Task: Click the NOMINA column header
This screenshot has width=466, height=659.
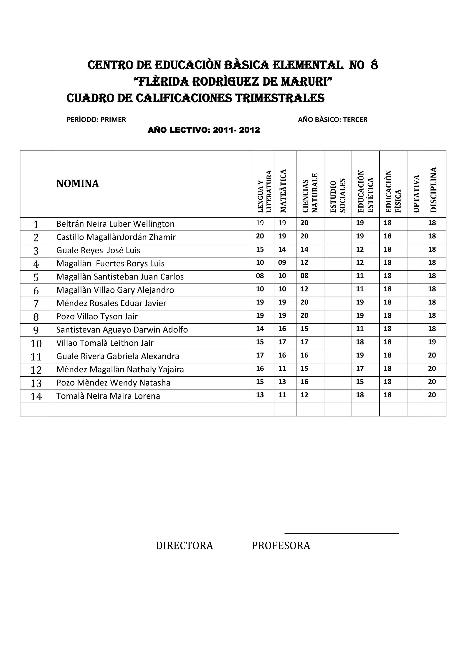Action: pyautogui.click(x=77, y=184)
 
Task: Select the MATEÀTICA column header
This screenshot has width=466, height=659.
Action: pyautogui.click(x=283, y=191)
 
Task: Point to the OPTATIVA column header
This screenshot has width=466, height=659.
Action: pyautogui.click(x=416, y=194)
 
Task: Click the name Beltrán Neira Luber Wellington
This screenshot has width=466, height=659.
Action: pyautogui.click(x=115, y=224)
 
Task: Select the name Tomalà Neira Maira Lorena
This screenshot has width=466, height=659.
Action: pyautogui.click(x=108, y=396)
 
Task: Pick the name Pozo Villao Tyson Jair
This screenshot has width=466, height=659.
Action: pyautogui.click(x=97, y=317)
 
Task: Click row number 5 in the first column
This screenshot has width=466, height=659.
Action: pyautogui.click(x=36, y=277)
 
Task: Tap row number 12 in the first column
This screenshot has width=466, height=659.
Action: pyautogui.click(x=36, y=370)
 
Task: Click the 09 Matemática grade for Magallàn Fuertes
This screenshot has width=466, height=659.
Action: pyautogui.click(x=282, y=263)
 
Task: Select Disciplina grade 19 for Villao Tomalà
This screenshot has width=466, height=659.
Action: pyautogui.click(x=432, y=342)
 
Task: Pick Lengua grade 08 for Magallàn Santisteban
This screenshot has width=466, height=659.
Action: pyautogui.click(x=260, y=276)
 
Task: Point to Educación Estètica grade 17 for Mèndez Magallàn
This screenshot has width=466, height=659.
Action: pyautogui.click(x=360, y=369)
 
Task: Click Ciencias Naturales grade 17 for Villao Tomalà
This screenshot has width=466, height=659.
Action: pyautogui.click(x=304, y=342)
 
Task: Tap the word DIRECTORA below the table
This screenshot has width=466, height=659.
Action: pyautogui.click(x=185, y=546)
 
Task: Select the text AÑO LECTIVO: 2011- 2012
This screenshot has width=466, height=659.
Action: pyautogui.click(x=204, y=130)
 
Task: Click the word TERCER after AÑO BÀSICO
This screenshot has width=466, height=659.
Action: pyautogui.click(x=355, y=120)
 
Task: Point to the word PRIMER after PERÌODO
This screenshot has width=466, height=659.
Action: pyautogui.click(x=113, y=120)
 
